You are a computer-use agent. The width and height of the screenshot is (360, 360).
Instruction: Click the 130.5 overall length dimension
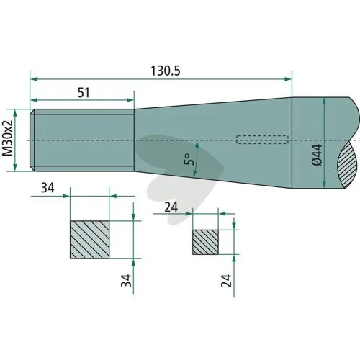point(166,71)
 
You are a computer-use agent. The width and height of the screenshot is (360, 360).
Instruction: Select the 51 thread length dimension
point(84,93)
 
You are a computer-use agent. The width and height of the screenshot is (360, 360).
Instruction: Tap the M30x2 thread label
point(7,138)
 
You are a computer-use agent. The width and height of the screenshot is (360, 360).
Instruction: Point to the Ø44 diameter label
point(317,155)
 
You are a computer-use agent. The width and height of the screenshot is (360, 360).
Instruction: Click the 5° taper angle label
point(189,159)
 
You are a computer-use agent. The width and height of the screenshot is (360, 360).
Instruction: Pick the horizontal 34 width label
point(48,188)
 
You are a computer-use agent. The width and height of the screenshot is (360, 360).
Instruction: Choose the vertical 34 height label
point(126,281)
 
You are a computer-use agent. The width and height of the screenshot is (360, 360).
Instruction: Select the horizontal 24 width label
point(171,207)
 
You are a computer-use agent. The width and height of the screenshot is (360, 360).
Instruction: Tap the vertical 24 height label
point(226,281)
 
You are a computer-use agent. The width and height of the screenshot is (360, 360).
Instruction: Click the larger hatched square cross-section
point(90,240)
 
